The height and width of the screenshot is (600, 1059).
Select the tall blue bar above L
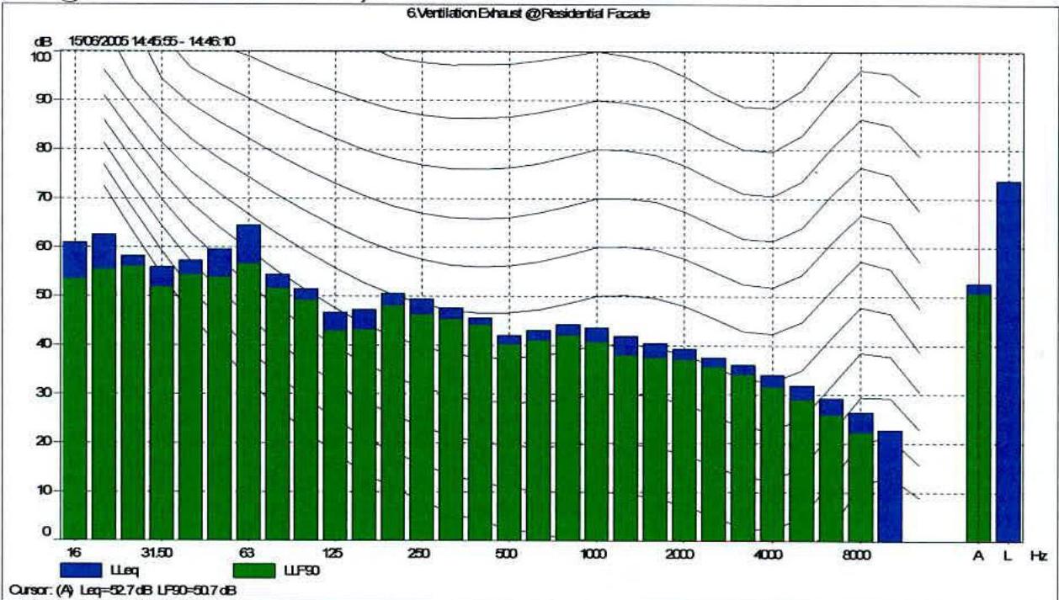click(1008, 362)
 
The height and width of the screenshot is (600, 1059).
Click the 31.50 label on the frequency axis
click(157, 554)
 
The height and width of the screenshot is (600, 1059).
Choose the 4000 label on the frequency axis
click(768, 554)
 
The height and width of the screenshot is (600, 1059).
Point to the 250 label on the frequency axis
click(419, 554)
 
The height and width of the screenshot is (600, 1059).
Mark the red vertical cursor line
click(979, 168)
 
